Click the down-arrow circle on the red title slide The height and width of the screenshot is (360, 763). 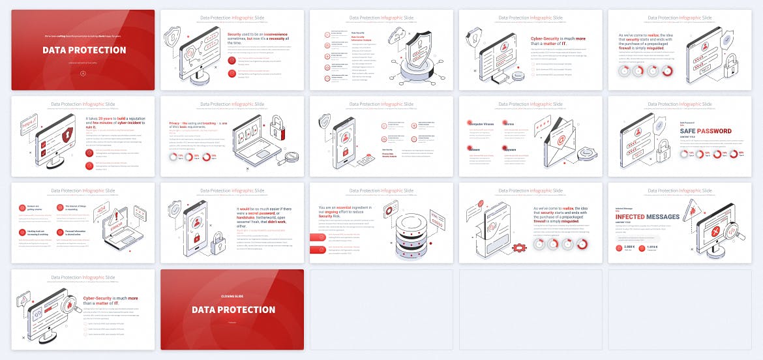pyautogui.click(x=83, y=72)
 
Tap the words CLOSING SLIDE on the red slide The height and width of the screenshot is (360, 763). pyautogui.click(x=232, y=296)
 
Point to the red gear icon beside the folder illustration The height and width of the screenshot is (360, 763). pyautogui.click(x=520, y=248)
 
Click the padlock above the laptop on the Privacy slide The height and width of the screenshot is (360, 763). pyautogui.click(x=278, y=123)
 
